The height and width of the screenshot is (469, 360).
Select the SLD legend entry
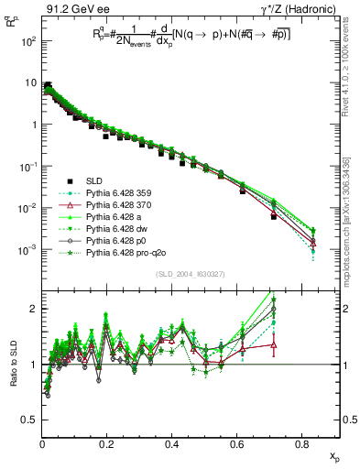click(95, 180)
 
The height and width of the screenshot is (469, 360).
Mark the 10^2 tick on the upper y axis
click(27, 42)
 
